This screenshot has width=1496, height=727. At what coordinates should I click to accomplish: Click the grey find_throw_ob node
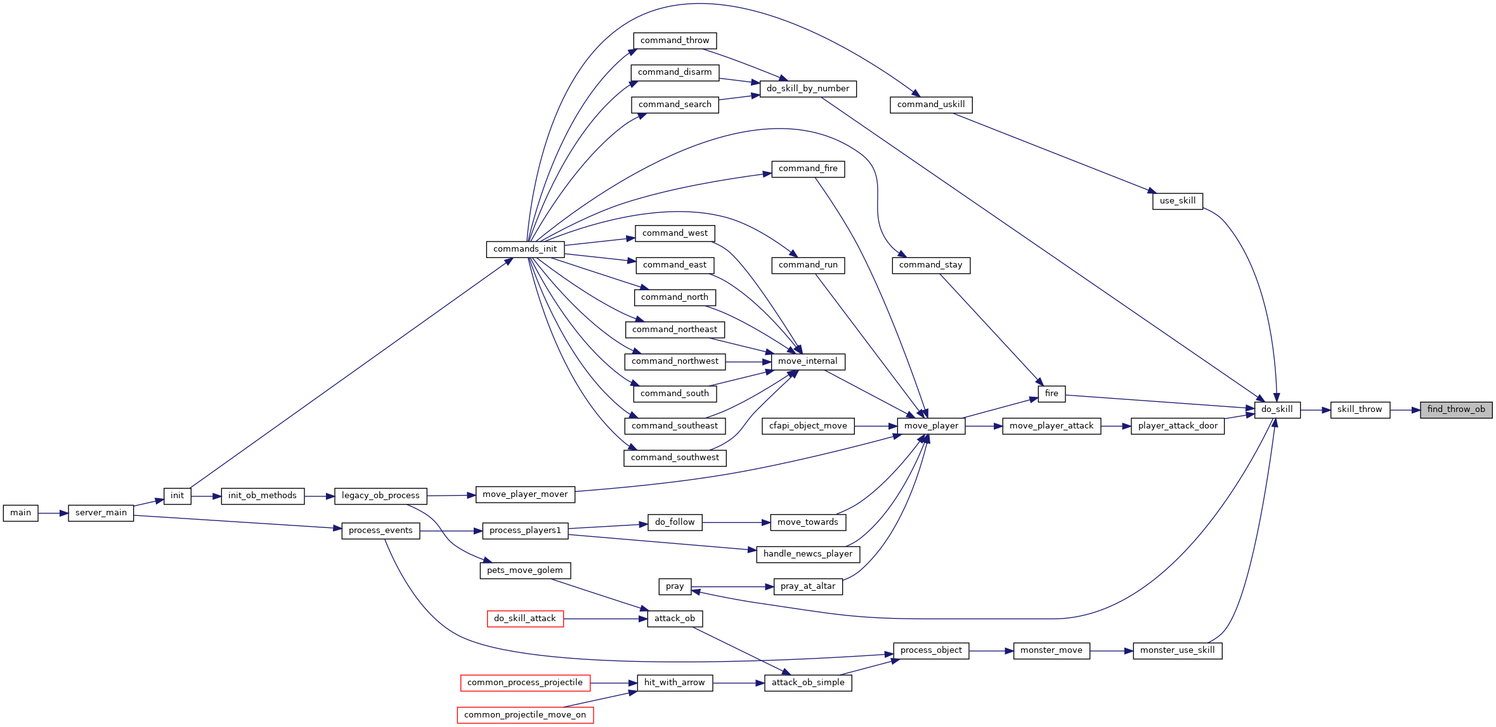[1456, 410]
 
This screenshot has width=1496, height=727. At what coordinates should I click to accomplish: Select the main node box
[20, 513]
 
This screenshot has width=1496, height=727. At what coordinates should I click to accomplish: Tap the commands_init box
[525, 249]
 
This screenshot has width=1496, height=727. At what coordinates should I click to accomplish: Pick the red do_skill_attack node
[525, 619]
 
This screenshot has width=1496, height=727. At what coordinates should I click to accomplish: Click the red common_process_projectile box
[525, 683]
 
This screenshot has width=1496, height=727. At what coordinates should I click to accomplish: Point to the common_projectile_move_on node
[525, 715]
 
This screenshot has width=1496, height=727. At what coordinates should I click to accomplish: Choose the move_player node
[931, 426]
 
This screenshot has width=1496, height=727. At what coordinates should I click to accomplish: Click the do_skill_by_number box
[808, 89]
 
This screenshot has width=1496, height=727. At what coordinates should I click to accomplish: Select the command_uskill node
[931, 105]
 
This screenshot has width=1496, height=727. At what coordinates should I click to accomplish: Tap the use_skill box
[1178, 201]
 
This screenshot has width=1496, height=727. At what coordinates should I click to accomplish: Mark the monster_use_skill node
[1178, 650]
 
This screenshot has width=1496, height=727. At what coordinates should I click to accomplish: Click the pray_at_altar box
[808, 586]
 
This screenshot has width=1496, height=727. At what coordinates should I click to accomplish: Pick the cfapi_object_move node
[808, 426]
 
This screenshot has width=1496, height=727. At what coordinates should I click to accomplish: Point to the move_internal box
[808, 361]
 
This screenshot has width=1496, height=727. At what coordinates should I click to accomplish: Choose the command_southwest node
[675, 458]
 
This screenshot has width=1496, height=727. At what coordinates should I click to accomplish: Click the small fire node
[1051, 394]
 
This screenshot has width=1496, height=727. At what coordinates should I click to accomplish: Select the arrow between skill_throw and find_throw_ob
[1405, 410]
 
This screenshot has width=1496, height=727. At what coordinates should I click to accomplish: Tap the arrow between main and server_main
[53, 513]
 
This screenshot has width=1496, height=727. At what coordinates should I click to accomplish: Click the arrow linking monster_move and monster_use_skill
[1112, 650]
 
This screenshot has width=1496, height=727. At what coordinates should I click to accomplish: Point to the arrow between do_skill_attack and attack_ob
[605, 619]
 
